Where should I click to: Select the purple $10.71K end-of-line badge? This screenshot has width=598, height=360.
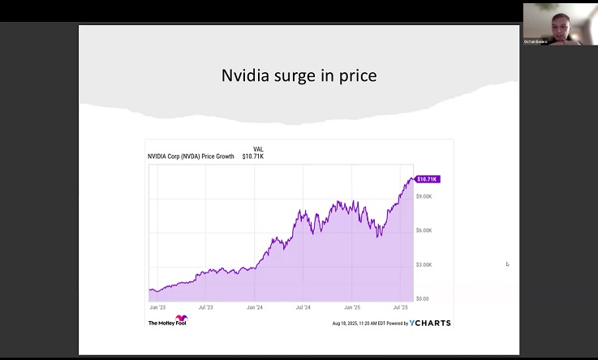click(427, 178)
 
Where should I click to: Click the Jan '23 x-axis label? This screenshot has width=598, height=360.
click(158, 308)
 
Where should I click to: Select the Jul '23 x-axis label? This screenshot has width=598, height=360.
click(205, 308)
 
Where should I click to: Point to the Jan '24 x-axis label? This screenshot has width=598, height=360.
click(255, 308)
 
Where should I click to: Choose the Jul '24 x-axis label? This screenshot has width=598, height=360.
click(303, 308)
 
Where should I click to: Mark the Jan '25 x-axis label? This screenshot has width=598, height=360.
click(352, 308)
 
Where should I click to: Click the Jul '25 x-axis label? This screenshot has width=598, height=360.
click(400, 308)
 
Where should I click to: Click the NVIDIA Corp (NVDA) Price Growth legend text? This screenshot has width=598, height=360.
click(191, 156)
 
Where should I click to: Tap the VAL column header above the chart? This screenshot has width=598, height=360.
click(258, 149)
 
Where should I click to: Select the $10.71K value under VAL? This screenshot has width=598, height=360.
click(253, 156)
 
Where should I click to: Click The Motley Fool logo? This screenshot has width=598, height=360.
click(167, 322)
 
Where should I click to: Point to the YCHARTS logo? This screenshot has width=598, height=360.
click(430, 323)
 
